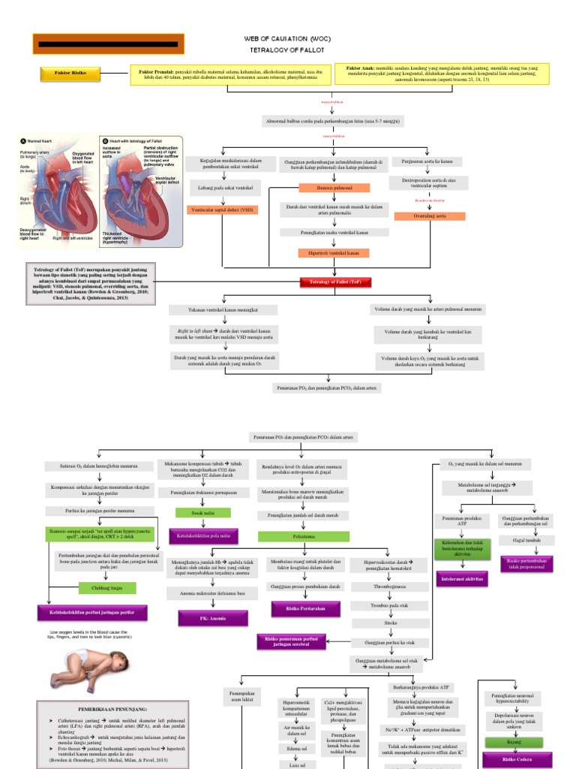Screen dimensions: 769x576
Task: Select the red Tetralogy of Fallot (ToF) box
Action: (x=331, y=282)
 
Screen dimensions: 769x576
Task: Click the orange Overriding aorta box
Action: (x=429, y=216)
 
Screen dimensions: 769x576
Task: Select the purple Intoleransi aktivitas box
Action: (x=463, y=579)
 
